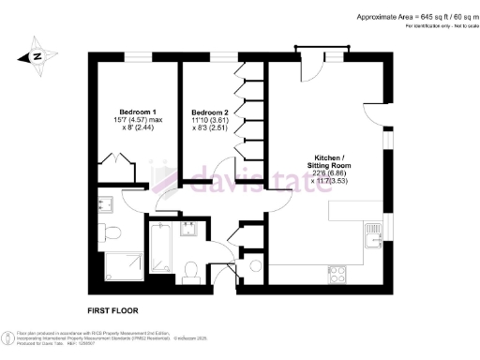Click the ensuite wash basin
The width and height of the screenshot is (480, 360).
(x=105, y=201)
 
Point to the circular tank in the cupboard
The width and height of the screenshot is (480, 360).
(x=253, y=267)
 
